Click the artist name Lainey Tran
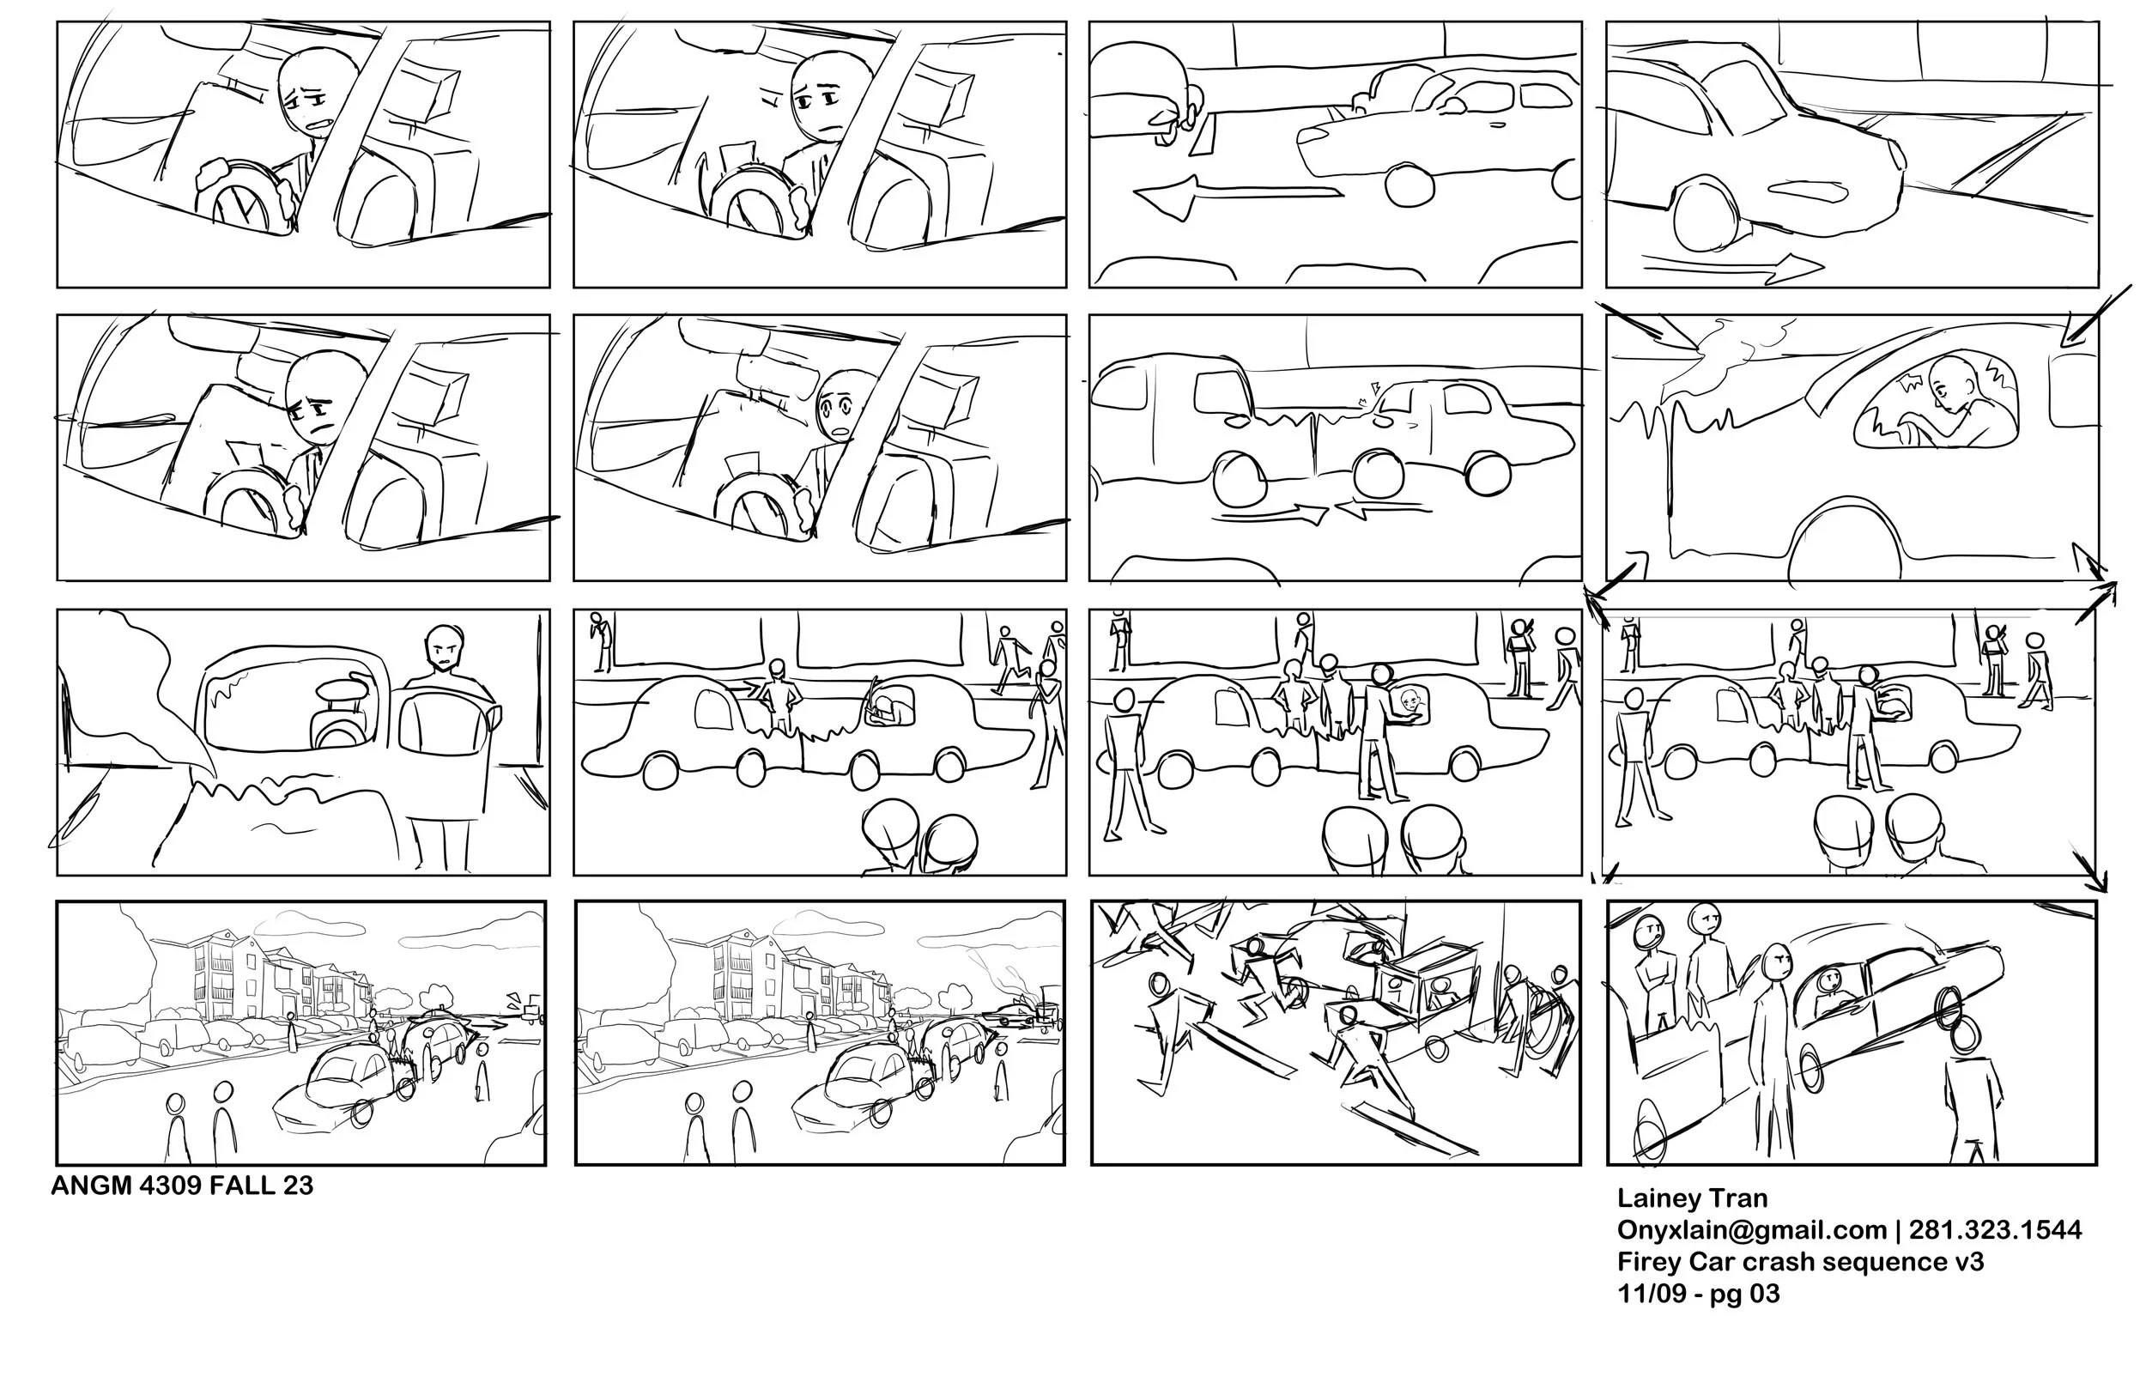point(1693,1198)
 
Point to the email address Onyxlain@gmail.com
point(1752,1230)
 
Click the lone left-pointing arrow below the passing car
point(1236,197)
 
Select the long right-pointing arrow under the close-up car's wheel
point(1731,264)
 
